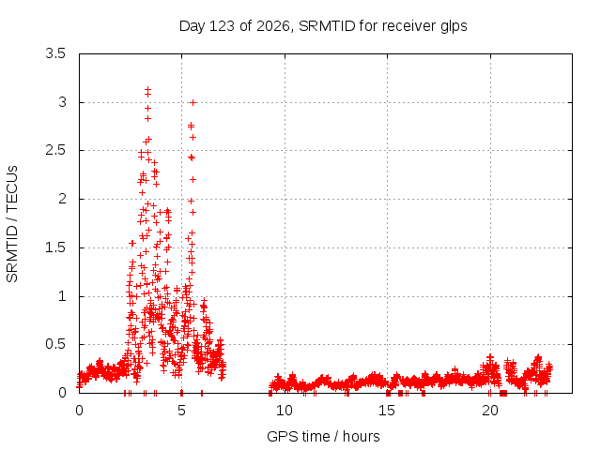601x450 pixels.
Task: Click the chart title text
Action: click(323, 26)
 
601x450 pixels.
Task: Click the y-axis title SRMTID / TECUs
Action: click(12, 224)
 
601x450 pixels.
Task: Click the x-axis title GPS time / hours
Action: click(323, 436)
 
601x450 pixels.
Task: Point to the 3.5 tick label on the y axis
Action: click(55, 53)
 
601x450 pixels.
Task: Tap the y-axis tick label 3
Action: click(62, 102)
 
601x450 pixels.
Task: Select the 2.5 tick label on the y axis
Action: click(55, 150)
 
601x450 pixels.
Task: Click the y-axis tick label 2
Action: click(62, 199)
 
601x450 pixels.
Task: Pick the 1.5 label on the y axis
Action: click(55, 247)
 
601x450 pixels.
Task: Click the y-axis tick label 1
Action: click(62, 296)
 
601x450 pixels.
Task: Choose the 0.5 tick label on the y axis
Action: click(55, 344)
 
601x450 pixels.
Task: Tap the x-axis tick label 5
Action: click(181, 411)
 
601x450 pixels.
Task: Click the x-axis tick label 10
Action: click(285, 411)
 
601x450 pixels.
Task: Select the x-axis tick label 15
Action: click(387, 411)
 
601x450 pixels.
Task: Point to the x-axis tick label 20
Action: click(490, 411)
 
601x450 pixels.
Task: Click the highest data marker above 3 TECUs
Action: click(148, 89)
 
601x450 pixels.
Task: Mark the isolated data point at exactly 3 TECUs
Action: click(193, 102)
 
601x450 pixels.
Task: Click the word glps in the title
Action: click(454, 27)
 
